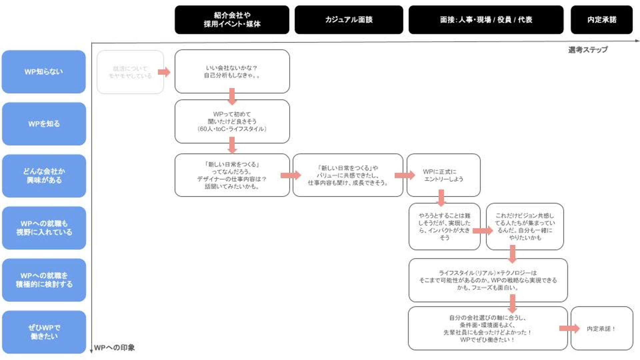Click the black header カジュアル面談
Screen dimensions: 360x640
pos(349,20)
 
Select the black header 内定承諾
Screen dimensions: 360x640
pos(601,20)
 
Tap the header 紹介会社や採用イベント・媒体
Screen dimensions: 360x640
pos(232,20)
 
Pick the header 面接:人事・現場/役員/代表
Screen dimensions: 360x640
pos(486,20)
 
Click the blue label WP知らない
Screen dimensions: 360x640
pos(44,72)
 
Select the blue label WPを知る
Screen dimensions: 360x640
pos(44,124)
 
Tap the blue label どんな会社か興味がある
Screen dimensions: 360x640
pos(44,176)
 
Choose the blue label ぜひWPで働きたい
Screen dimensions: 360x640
pos(44,332)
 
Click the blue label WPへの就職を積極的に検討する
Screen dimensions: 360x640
pos(44,280)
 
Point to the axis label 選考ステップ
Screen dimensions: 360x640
pos(588,50)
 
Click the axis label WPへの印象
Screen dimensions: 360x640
pos(114,348)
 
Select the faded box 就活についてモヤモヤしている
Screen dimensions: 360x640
pos(130,72)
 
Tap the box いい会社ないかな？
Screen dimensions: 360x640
pos(232,71)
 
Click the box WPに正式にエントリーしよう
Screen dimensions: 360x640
pos(443,175)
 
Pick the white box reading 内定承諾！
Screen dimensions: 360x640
pos(601,328)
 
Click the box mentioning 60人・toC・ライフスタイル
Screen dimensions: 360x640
pos(232,121)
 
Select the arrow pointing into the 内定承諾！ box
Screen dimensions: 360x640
pos(569,328)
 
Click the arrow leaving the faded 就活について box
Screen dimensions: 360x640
pos(164,72)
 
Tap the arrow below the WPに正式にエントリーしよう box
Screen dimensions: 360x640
pos(441,198)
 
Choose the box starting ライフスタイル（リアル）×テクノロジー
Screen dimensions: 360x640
pos(488,280)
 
